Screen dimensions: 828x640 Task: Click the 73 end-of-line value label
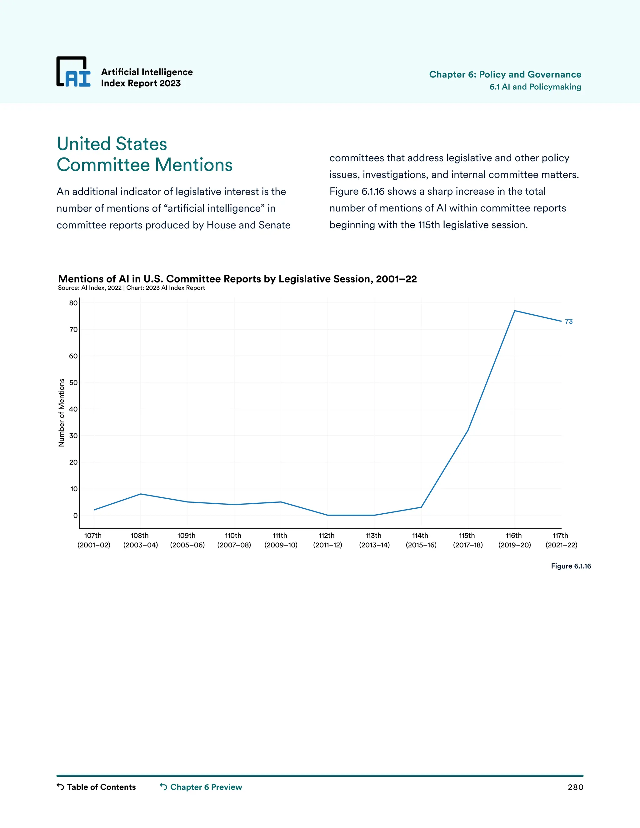point(568,322)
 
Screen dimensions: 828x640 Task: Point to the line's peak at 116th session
point(514,311)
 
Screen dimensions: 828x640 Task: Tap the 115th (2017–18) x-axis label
point(467,540)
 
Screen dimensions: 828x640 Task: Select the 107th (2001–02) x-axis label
point(94,540)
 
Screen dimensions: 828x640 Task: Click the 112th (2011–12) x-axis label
point(327,540)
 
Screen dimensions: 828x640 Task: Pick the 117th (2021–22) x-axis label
point(561,540)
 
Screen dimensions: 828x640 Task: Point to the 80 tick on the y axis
point(73,303)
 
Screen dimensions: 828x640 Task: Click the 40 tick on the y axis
point(73,409)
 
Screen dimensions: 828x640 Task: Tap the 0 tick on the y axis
point(75,516)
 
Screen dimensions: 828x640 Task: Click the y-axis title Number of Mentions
point(62,412)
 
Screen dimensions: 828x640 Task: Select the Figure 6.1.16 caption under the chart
point(571,566)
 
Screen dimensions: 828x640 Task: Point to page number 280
point(575,787)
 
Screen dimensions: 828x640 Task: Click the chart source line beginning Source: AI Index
point(131,288)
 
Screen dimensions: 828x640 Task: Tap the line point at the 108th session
point(141,494)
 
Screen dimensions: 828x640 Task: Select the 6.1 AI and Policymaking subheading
point(535,87)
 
